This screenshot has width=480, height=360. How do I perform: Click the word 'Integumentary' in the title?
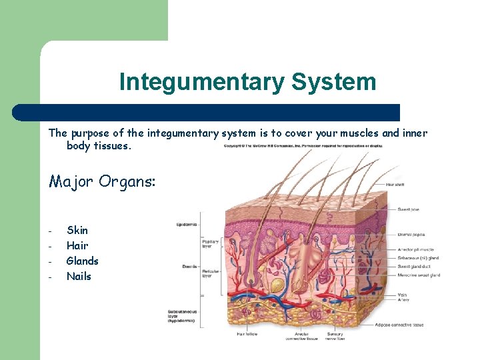pyautogui.click(x=201, y=83)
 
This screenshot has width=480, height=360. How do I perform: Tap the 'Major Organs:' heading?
pyautogui.click(x=102, y=181)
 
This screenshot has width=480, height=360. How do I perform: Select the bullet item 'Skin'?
pyautogui.click(x=77, y=230)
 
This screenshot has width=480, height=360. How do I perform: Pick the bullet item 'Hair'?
pyautogui.click(x=77, y=245)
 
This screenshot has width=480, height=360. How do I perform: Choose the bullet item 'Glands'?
pyautogui.click(x=82, y=261)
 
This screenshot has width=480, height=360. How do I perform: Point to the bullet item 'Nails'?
pyautogui.click(x=79, y=276)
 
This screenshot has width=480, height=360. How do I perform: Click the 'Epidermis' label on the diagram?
pyautogui.click(x=186, y=225)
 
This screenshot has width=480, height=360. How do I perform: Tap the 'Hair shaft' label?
pyautogui.click(x=395, y=185)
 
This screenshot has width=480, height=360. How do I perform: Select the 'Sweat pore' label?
pyautogui.click(x=409, y=209)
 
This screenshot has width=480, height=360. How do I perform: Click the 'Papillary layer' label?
pyautogui.click(x=211, y=243)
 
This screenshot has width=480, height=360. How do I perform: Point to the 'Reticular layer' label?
pyautogui.click(x=211, y=274)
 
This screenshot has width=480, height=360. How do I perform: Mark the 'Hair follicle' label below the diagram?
pyautogui.click(x=247, y=334)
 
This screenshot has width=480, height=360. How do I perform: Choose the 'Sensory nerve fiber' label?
pyautogui.click(x=335, y=336)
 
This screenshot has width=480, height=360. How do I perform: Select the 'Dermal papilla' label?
pyautogui.click(x=411, y=234)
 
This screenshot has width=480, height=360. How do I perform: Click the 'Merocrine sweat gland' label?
pyautogui.click(x=419, y=275)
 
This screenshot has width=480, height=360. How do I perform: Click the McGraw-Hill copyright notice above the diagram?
pyautogui.click(x=303, y=145)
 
